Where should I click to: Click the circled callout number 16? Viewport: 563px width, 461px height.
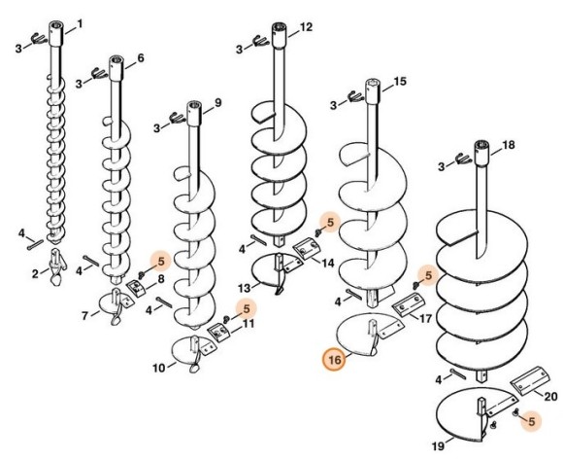tap(335, 359)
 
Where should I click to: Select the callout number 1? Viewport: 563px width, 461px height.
tap(80, 24)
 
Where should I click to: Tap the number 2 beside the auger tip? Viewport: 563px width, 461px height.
tap(35, 274)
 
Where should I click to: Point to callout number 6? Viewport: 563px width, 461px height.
tap(141, 58)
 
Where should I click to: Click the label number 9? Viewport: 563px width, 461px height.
tap(218, 103)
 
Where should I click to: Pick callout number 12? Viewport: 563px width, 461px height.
tap(306, 27)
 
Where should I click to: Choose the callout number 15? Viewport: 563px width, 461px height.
tap(400, 82)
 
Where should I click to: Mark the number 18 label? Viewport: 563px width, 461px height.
tap(509, 145)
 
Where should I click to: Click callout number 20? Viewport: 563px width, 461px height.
tap(550, 397)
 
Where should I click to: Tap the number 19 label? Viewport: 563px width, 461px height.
tap(438, 446)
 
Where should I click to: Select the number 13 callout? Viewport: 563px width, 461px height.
tap(245, 288)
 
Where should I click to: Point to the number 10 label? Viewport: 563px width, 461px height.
tap(159, 369)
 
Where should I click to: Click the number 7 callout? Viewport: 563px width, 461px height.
tap(84, 316)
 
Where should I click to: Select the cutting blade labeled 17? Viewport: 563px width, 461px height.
tap(407, 304)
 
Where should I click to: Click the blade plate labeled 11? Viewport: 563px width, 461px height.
tap(218, 333)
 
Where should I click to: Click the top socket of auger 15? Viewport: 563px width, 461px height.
tap(373, 91)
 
